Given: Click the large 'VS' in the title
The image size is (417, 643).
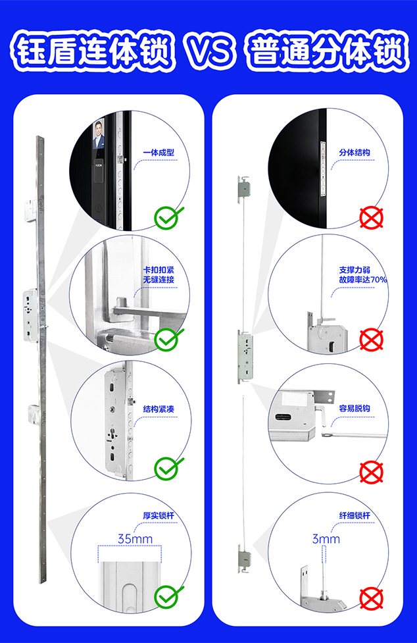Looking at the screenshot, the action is [x=209, y=52].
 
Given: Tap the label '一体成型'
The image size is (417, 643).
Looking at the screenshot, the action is [x=159, y=153].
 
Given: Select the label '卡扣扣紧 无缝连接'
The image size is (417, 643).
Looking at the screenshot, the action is [x=159, y=274].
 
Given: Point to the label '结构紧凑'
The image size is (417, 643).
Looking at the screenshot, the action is [x=159, y=409].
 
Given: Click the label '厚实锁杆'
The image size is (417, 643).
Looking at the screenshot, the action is [x=159, y=515].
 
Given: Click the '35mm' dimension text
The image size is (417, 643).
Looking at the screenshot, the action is [x=135, y=538].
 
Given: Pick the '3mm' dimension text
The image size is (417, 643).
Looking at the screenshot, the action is [x=326, y=539].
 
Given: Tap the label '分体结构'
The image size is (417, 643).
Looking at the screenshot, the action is [x=355, y=153].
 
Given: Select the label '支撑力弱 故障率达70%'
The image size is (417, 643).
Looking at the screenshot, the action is [x=362, y=274].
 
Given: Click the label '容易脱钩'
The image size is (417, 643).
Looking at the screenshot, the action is [x=355, y=409].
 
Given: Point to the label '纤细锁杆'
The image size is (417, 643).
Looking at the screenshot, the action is [x=355, y=515].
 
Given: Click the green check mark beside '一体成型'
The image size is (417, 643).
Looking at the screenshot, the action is [x=168, y=217].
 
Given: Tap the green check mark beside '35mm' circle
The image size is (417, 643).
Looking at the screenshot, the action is [x=168, y=597].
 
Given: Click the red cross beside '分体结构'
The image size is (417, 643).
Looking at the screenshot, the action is [x=372, y=218].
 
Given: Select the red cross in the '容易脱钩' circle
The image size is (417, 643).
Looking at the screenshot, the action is [x=372, y=472].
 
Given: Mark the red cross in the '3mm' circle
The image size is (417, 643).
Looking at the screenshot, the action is [x=372, y=599].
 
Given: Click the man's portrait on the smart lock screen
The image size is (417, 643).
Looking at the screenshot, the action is [x=99, y=134].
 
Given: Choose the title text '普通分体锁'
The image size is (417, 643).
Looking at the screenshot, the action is [x=328, y=53].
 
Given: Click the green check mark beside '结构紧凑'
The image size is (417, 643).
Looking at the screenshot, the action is [x=168, y=468].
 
